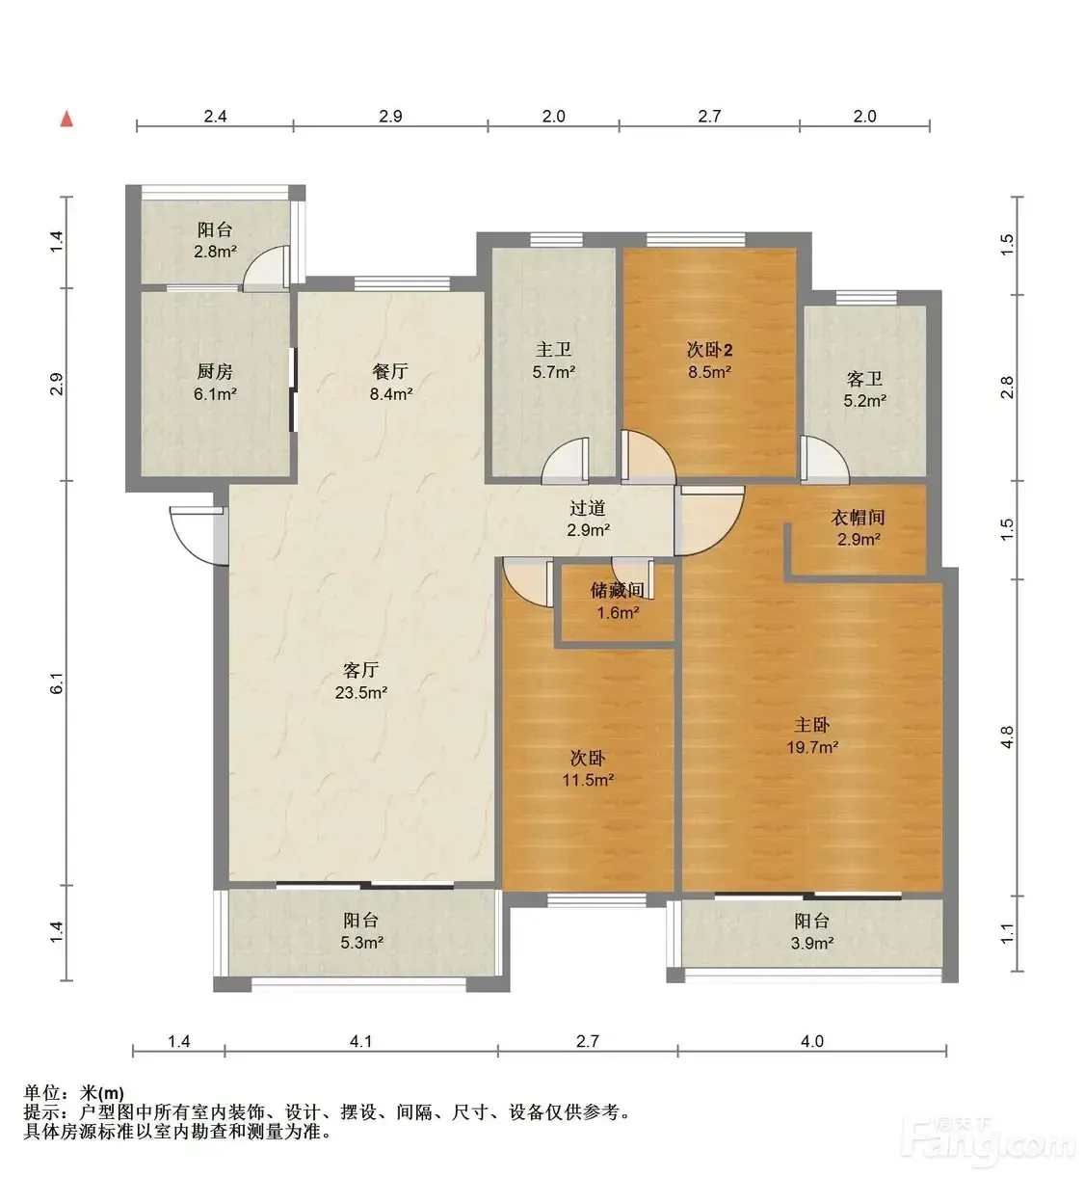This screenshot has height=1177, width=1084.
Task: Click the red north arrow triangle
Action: pos(66,120)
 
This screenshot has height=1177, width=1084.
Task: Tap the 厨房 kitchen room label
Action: pos(215,383)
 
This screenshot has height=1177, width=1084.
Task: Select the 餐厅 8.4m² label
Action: pos(390,382)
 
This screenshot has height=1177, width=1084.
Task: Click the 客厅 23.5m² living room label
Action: pos(360,682)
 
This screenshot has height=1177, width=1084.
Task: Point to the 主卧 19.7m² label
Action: pos(812,736)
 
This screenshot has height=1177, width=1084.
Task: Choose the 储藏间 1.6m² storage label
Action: pos(618,602)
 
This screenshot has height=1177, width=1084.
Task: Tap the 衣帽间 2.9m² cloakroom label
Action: pos(859,528)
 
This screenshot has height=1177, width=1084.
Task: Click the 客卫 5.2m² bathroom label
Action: pos(864,389)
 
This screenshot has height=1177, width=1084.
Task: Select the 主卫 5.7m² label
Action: pos(553,361)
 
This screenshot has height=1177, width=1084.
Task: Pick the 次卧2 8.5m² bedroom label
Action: pos(710,361)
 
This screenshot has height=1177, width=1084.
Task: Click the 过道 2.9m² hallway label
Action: pos(588,519)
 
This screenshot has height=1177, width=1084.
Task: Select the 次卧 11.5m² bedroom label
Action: pos(588,769)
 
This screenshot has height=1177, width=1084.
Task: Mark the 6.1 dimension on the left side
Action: pos(56,684)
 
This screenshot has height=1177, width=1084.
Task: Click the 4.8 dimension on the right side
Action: pos(1007,737)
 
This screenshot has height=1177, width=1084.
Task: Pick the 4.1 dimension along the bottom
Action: pos(360,1041)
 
